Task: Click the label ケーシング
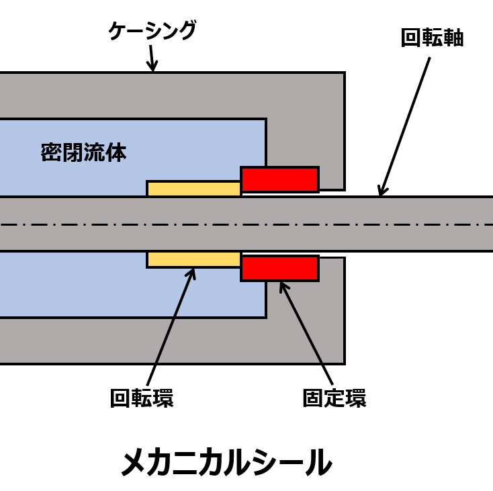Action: click(152, 31)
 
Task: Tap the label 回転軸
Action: click(432, 38)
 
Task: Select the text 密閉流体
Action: click(83, 152)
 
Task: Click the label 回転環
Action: click(142, 398)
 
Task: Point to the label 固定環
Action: click(334, 398)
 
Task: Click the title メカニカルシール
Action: click(226, 462)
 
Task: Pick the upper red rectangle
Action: click(279, 179)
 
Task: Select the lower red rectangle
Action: click(279, 268)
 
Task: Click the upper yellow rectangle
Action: click(193, 189)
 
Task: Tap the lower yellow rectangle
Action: click(193, 259)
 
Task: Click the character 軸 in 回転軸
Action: click(453, 38)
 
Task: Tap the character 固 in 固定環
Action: click(313, 398)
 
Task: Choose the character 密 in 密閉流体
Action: click(51, 152)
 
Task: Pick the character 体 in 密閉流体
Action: click(116, 152)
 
